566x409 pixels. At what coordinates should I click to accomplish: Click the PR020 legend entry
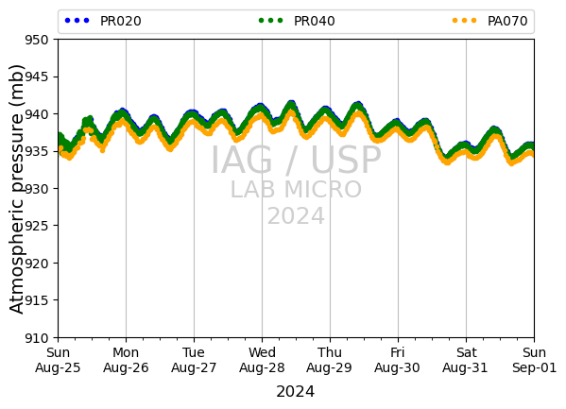pyautogui.click(x=103, y=21)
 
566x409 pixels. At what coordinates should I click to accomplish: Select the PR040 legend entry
pyautogui.click(x=297, y=21)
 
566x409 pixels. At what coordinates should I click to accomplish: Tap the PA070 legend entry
pyautogui.click(x=489, y=21)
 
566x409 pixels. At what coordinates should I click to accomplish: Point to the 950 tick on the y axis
pyautogui.click(x=36, y=40)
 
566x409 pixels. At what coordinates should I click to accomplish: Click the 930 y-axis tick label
pyautogui.click(x=36, y=189)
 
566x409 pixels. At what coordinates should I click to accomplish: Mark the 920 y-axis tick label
pyautogui.click(x=36, y=264)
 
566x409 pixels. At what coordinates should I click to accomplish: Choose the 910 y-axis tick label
pyautogui.click(x=36, y=338)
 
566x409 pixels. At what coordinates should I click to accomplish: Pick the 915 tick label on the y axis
pyautogui.click(x=36, y=300)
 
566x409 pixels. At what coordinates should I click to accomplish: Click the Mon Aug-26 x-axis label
pyautogui.click(x=126, y=360)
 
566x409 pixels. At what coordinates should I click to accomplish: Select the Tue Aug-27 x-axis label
pyautogui.click(x=194, y=360)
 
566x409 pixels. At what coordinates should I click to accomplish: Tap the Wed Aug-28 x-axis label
pyautogui.click(x=262, y=360)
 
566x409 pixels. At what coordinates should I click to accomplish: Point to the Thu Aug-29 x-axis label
pyautogui.click(x=329, y=360)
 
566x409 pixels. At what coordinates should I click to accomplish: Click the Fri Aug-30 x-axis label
pyautogui.click(x=397, y=360)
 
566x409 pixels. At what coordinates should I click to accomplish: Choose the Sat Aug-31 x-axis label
pyautogui.click(x=465, y=360)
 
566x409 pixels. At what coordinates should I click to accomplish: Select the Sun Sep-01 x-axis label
pyautogui.click(x=534, y=360)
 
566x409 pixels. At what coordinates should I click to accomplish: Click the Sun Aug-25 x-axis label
pyautogui.click(x=58, y=360)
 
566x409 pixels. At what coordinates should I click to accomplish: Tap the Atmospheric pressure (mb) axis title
pyautogui.click(x=16, y=189)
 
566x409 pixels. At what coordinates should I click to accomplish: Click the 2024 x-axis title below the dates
pyautogui.click(x=295, y=392)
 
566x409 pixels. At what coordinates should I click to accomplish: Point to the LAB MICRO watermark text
pyautogui.click(x=296, y=189)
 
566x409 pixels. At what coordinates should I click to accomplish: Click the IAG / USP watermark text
pyautogui.click(x=296, y=160)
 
